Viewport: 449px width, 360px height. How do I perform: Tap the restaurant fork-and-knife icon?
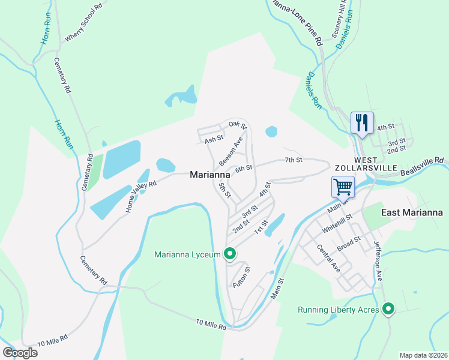pos(362,123)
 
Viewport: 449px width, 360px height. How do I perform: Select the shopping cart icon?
pos(343,186)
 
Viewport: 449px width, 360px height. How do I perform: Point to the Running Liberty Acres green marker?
pos(388,310)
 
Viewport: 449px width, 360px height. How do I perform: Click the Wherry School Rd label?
pos(80,28)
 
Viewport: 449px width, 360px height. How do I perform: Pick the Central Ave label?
pos(328,259)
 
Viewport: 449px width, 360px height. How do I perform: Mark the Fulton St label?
pos(242,277)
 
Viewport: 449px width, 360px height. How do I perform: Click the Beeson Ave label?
pos(231,151)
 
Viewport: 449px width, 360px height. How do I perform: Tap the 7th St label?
pos(293,160)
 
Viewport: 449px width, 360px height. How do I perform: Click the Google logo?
pos(20,352)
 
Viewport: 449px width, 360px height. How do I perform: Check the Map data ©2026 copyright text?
pos(423,355)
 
